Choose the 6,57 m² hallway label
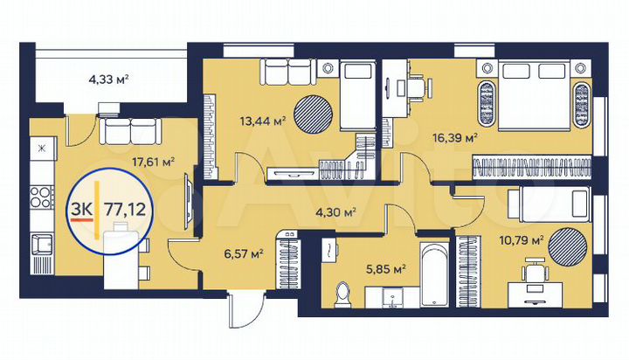point(245,254)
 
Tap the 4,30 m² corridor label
point(337,211)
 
